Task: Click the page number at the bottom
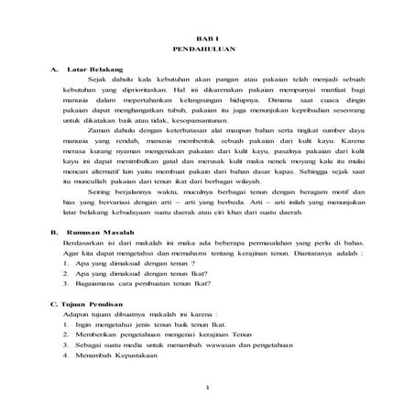pos(210,387)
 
